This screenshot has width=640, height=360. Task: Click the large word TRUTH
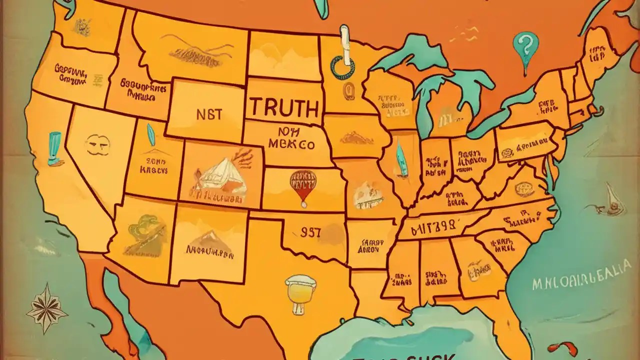click(284, 107)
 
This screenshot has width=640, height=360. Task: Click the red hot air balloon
click(302, 185)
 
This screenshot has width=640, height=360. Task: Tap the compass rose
click(46, 308)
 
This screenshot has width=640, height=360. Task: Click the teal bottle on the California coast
click(54, 147)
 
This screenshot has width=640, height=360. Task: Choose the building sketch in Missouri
click(368, 195)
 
